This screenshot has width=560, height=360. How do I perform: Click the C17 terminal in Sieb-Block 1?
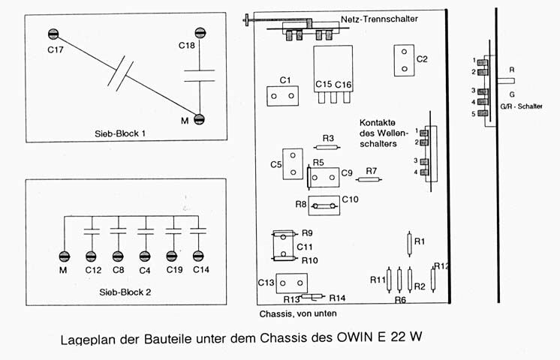54,34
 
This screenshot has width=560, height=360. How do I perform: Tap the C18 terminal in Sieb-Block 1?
200,33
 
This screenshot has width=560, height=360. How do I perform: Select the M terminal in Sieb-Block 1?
200,118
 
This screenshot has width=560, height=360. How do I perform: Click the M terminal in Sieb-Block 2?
65,256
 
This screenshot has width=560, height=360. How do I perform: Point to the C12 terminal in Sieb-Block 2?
92,256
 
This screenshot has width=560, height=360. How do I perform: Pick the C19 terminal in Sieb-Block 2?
172,256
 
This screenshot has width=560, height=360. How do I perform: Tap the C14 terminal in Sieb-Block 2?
198,256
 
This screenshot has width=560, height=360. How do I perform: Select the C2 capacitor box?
404,59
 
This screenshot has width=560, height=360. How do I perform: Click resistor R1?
409,244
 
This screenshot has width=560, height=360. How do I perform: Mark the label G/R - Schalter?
521,106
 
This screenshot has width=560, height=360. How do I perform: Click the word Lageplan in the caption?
87,338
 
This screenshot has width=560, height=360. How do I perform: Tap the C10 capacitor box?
324,205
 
